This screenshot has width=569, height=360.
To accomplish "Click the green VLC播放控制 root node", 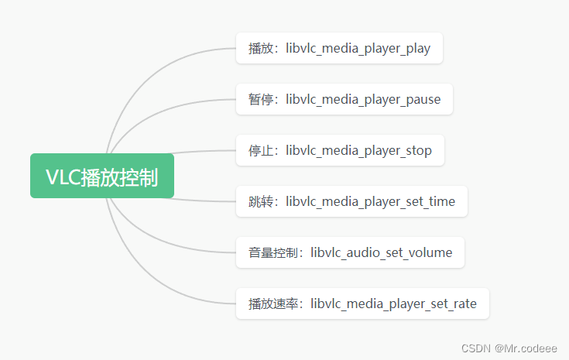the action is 101,176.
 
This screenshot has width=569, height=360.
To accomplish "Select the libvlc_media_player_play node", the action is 339,49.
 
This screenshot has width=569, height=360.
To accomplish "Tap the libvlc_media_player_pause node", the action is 344,99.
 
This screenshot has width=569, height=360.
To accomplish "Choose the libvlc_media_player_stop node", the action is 340,150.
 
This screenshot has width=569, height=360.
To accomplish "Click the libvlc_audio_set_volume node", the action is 350,252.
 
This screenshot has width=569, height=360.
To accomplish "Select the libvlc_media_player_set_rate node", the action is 362,303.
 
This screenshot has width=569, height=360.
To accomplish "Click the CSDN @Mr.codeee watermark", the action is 509,348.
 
